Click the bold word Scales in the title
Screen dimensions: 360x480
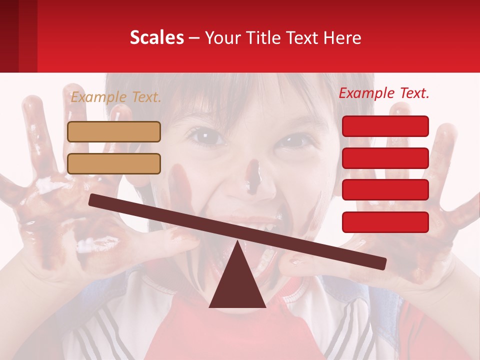click(156, 37)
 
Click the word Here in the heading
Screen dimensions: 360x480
click(342, 37)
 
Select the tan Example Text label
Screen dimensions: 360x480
click(115, 97)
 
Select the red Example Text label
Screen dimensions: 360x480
click(384, 93)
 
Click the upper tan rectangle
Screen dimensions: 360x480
click(114, 131)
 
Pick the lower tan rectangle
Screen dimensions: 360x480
click(114, 163)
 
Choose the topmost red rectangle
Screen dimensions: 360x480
click(385, 126)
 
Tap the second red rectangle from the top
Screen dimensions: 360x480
click(385, 158)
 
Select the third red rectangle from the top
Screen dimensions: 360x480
click(385, 190)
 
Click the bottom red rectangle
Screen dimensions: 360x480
click(385, 222)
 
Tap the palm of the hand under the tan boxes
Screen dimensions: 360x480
click(65, 220)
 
